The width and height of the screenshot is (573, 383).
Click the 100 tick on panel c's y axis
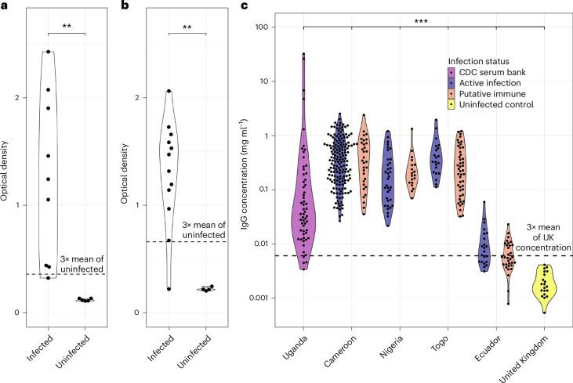pos(263,27)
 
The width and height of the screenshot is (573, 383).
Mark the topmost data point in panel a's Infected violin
pos(48,52)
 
